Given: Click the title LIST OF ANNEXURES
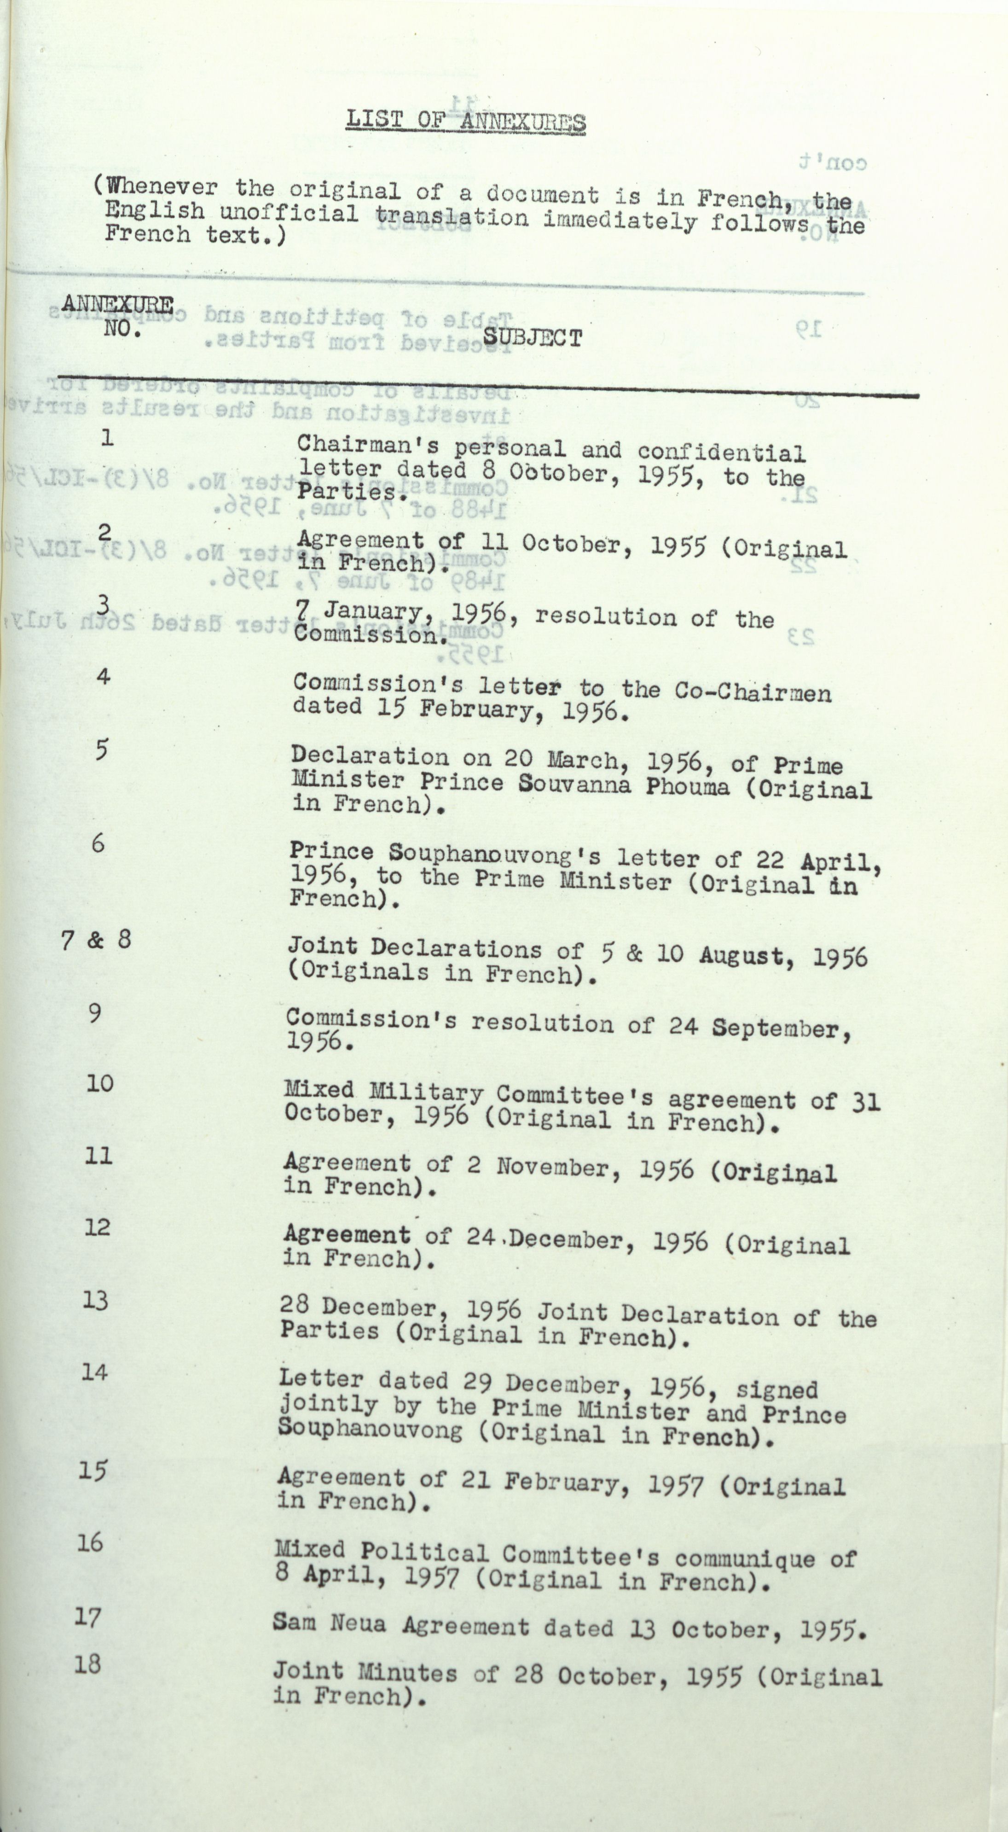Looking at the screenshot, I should [466, 120].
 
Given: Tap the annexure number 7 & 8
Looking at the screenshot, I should [96, 940].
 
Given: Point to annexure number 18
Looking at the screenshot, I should [87, 1663].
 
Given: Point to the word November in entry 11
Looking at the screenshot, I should [552, 1167].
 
